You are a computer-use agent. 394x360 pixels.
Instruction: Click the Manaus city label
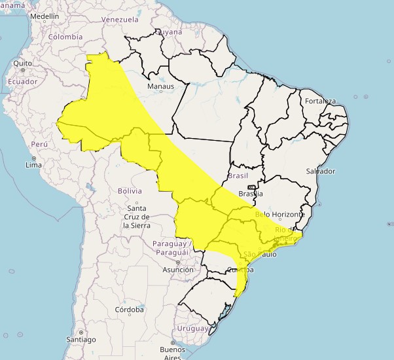(x=160, y=86)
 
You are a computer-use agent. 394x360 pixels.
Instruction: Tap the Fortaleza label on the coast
(x=320, y=101)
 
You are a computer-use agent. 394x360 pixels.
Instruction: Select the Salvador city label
(x=320, y=171)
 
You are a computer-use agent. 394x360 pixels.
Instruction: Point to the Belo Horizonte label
(x=280, y=215)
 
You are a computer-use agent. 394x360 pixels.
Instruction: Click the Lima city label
(x=33, y=165)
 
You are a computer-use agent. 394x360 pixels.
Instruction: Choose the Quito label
(x=22, y=63)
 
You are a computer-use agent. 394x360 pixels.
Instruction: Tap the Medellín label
(x=44, y=16)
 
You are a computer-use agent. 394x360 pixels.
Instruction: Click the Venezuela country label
(x=120, y=20)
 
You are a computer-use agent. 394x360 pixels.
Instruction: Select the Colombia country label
(x=65, y=37)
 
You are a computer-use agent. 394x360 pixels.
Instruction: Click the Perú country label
(x=40, y=144)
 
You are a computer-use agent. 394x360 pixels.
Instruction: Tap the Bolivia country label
(x=130, y=190)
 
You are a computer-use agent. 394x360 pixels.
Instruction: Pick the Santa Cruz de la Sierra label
(x=137, y=217)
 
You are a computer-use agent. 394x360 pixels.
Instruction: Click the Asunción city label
(x=178, y=270)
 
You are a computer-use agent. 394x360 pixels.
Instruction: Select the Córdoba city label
(x=128, y=310)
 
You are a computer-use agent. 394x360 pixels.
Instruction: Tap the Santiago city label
(x=81, y=340)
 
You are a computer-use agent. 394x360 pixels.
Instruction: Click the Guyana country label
(x=169, y=31)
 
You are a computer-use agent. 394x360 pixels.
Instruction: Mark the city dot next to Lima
(x=33, y=158)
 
